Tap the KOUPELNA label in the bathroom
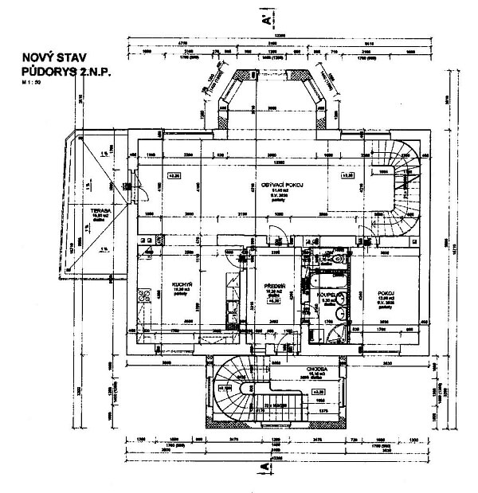(330, 294)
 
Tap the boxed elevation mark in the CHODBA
(318, 392)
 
